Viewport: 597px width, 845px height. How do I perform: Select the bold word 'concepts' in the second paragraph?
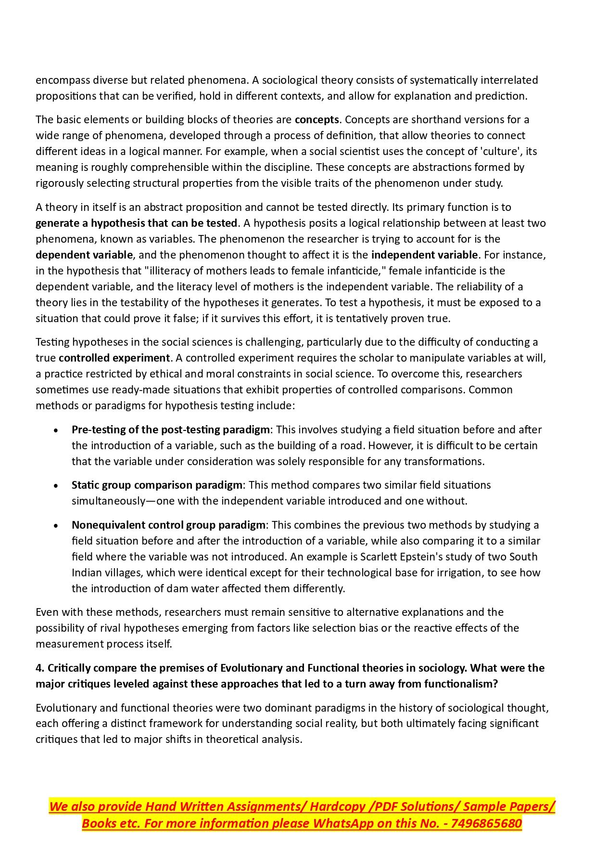click(x=317, y=119)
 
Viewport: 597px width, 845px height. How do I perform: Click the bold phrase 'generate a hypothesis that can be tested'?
click(x=137, y=223)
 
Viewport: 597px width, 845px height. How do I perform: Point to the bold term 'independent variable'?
click(x=424, y=255)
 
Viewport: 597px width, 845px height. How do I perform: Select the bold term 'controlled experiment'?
click(x=114, y=358)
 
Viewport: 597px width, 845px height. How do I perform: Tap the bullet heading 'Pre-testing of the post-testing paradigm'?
click(x=171, y=429)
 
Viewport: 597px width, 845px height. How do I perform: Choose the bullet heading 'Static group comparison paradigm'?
click(x=157, y=485)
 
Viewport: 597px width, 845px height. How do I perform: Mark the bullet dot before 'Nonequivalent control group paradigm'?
click(x=56, y=525)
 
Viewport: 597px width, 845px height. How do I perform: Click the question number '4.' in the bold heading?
click(x=40, y=668)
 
